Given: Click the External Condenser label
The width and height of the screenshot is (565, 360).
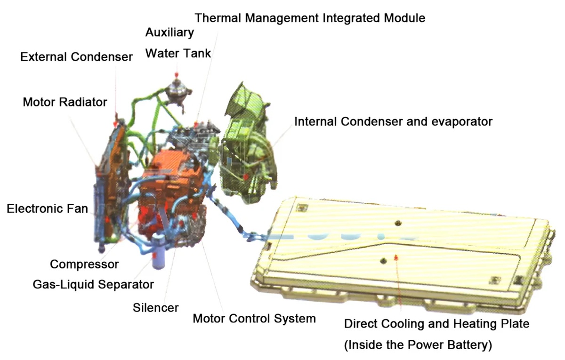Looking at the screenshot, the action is point(76,57).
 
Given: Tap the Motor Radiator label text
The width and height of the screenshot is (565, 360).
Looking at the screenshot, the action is point(65,103).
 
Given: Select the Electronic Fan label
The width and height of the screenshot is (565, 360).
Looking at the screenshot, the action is point(48,209).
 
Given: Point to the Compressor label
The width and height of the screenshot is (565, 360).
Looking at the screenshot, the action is point(84,264).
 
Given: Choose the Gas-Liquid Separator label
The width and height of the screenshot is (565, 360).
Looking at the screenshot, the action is point(93,285).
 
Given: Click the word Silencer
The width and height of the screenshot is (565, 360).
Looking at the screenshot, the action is point(156,308).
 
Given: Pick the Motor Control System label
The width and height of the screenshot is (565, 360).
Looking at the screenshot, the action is point(254,319).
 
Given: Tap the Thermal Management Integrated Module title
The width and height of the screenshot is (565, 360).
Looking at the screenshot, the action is point(310,18).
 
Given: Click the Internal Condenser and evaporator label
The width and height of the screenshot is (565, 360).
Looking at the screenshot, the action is point(394,122).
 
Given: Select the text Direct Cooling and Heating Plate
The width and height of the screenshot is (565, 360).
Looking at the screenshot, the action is point(436,324).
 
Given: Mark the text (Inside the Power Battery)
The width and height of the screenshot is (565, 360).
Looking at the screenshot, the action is point(418,345).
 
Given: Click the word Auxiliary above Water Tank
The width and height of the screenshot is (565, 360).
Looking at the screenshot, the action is point(170,32).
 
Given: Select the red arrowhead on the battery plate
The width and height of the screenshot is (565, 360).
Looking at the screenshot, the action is point(396,257).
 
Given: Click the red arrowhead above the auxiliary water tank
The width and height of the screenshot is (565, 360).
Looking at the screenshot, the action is point(177,75).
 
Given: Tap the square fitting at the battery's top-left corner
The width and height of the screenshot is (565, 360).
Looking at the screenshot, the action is point(302,208).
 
